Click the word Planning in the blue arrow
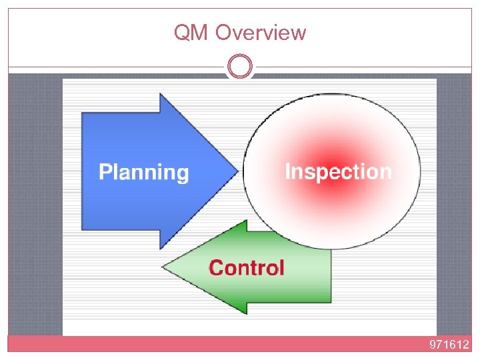[x=144, y=173]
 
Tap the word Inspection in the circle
[x=338, y=171]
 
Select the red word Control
[x=247, y=268]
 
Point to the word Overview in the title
[x=261, y=33]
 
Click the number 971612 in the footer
[x=449, y=345]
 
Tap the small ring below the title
[x=240, y=67]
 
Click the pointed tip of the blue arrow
[x=237, y=171]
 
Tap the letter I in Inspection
[x=288, y=171]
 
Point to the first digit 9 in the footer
[x=433, y=345]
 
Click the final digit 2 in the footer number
[x=466, y=345]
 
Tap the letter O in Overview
[x=225, y=33]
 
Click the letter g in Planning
[x=182, y=175]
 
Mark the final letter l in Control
[x=281, y=267]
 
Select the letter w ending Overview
[x=299, y=33]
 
